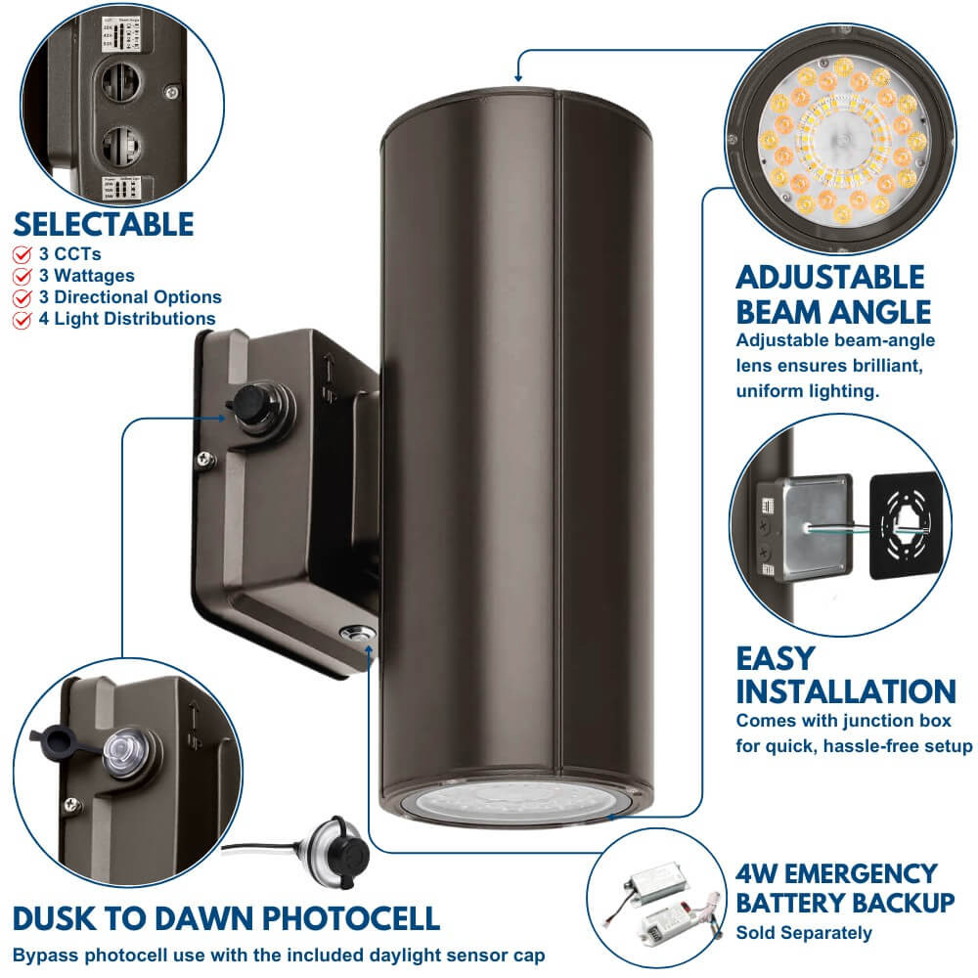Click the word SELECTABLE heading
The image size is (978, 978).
click(x=104, y=224)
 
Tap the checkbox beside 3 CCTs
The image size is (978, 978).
click(x=22, y=254)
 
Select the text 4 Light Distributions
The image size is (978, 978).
click(x=127, y=319)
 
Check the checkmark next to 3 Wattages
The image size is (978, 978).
click(x=22, y=276)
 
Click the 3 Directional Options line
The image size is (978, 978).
click(x=130, y=297)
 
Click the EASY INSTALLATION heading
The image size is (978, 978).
click(x=845, y=675)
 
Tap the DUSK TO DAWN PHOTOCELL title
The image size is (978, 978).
click(x=226, y=918)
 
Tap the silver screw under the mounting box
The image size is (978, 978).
click(x=355, y=634)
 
